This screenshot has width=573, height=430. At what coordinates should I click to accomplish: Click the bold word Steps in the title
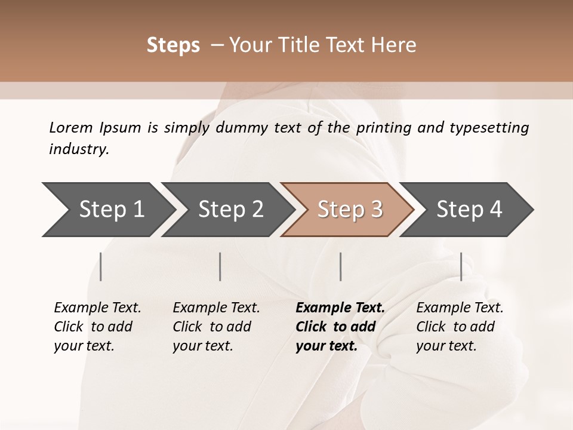173,45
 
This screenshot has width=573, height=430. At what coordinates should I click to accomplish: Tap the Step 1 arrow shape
107,210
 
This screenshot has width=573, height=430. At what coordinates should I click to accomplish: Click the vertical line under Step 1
101,266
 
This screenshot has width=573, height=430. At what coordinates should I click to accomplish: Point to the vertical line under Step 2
220,266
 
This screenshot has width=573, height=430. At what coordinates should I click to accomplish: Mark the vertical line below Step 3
340,266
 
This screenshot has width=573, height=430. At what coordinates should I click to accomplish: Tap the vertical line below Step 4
461,266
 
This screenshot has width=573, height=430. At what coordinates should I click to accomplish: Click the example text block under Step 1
97,327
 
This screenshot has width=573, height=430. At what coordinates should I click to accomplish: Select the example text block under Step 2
215,327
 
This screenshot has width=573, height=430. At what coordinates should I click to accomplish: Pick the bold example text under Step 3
340,327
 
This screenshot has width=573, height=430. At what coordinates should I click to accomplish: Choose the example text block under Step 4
459,327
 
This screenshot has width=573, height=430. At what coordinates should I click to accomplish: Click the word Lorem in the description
71,127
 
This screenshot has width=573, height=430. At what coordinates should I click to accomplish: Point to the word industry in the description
79,149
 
